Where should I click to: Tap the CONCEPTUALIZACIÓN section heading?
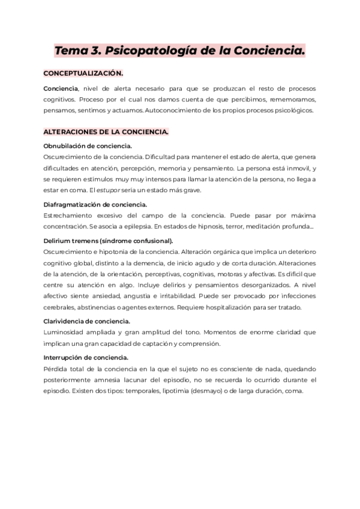pyautogui.click(x=83, y=73)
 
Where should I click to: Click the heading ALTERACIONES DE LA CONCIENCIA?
pyautogui.click(x=106, y=131)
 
